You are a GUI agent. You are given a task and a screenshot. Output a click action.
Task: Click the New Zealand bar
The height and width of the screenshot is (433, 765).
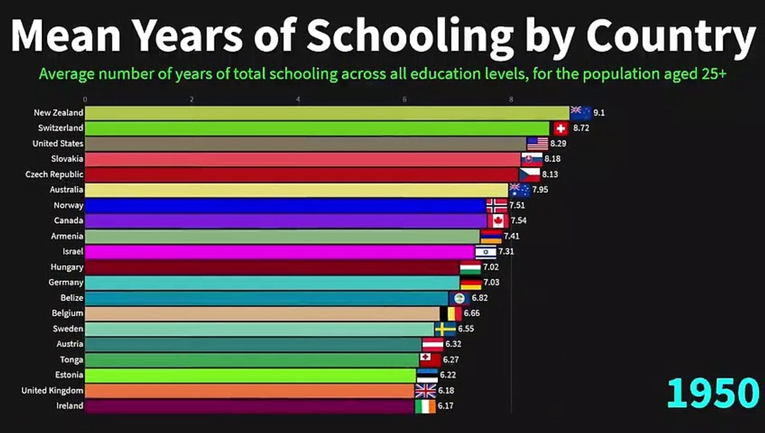tap(327, 113)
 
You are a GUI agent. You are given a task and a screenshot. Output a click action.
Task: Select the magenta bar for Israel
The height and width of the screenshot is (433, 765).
tap(280, 251)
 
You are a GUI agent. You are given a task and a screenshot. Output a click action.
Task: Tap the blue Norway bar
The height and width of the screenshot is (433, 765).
tap(285, 206)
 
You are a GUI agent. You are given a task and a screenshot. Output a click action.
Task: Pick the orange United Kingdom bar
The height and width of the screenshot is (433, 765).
tap(250, 391)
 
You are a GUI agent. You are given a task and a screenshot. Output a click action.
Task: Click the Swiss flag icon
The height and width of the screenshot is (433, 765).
tap(561, 129)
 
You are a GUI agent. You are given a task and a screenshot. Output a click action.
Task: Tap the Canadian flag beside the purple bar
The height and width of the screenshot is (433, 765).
tap(499, 221)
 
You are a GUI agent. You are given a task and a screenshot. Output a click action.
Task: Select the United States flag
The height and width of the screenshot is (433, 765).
tap(538, 144)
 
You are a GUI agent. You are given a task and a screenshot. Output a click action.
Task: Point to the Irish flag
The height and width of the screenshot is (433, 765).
tap(425, 406)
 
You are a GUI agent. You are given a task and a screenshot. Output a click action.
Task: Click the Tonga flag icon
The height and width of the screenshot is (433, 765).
tap(430, 360)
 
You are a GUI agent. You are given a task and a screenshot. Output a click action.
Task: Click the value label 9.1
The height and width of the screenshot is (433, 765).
tap(599, 113)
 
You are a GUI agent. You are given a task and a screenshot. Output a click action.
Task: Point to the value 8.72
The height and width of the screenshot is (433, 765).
tap(582, 129)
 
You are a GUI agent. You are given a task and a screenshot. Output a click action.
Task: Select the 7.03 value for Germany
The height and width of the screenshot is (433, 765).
tap(491, 283)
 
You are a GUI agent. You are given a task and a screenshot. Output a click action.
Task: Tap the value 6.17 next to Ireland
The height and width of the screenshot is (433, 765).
tap(445, 406)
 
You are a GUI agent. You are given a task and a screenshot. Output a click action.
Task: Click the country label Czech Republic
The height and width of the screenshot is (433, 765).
tap(54, 174)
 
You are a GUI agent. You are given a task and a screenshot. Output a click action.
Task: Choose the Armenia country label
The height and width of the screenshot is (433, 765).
tap(67, 236)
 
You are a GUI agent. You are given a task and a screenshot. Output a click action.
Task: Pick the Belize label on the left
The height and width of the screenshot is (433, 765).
tap(72, 298)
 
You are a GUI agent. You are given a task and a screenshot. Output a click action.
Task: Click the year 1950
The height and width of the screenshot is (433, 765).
tap(713, 393)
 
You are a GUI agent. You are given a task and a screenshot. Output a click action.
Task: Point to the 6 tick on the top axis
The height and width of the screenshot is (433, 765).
tap(405, 99)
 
